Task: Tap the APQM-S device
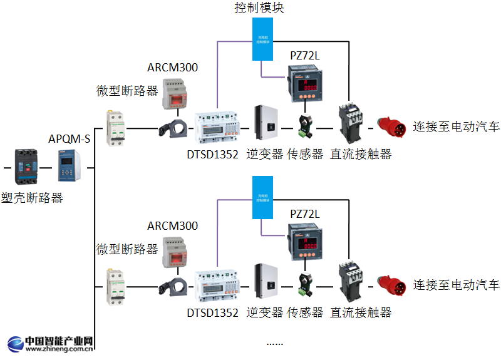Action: (x=69, y=167)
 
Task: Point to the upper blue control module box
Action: (x=263, y=39)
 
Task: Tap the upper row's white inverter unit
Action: (x=266, y=123)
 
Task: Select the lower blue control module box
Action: (x=263, y=197)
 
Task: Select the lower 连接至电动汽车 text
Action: (x=456, y=285)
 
